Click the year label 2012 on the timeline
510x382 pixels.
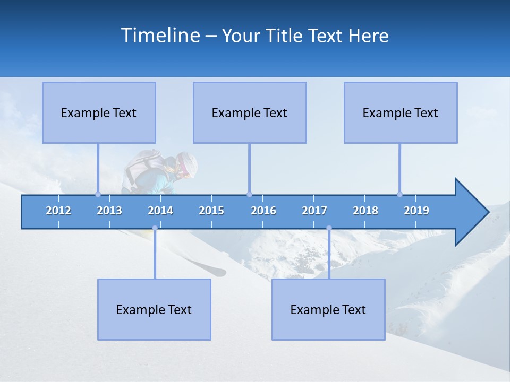pyautogui.click(x=58, y=211)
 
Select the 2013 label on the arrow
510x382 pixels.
pyautogui.click(x=109, y=211)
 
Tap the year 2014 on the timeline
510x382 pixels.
pyautogui.click(x=160, y=211)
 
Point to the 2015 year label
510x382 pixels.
pyautogui.click(x=211, y=211)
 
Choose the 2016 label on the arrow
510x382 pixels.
pyautogui.click(x=263, y=211)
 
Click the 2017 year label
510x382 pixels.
pyautogui.click(x=314, y=211)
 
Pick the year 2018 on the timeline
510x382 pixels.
pyautogui.click(x=365, y=211)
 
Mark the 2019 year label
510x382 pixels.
pyautogui.click(x=416, y=211)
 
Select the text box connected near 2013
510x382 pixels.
pyautogui.click(x=99, y=112)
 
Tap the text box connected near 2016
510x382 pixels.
pyautogui.click(x=250, y=112)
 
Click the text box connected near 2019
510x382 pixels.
pyautogui.click(x=401, y=112)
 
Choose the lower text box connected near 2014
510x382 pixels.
pyautogui.click(x=154, y=309)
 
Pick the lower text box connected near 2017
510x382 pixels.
pyautogui.click(x=328, y=309)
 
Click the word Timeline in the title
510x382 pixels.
pyautogui.click(x=160, y=35)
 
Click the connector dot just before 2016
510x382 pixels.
pyautogui.click(x=249, y=194)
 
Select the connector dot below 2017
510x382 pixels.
pyautogui.click(x=329, y=228)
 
